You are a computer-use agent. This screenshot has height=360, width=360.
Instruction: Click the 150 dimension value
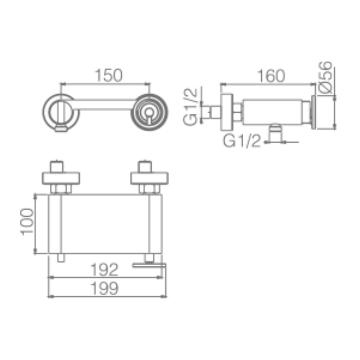coord(109,76)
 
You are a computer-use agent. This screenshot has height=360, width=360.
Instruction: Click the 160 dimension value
coord(271,76)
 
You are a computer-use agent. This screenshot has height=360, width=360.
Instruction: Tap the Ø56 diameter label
coord(325,77)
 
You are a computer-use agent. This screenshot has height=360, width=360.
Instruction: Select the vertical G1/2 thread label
coord(190,107)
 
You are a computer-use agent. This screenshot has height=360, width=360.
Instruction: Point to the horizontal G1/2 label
coord(242,141)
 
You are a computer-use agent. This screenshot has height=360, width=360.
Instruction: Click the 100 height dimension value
coord(27,222)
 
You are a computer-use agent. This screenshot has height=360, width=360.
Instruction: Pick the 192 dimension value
coord(104,270)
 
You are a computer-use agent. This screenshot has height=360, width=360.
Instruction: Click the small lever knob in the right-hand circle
coord(149,112)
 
